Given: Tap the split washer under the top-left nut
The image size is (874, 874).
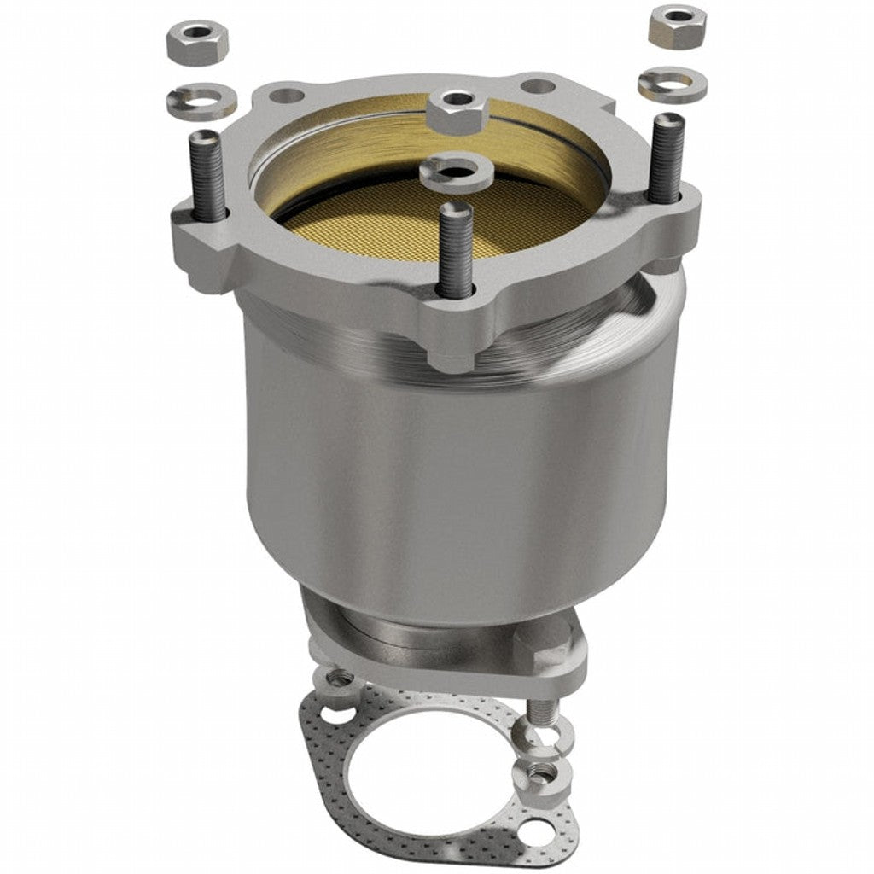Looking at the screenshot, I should tap(201, 101).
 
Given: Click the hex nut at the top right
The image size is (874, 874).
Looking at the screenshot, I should tap(677, 26).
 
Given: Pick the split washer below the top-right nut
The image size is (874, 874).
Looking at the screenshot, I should tap(670, 84).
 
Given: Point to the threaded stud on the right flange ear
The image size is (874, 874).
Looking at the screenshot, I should tap(666, 159).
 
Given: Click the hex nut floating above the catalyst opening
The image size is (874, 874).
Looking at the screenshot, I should tap(457, 108).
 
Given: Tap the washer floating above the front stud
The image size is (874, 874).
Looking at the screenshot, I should tap(457, 171).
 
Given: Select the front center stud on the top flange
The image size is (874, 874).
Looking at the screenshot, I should tap(455, 248).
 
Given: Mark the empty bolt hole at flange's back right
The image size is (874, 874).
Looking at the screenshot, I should tap(537, 86).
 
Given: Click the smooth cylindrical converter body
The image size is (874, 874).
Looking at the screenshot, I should tap(452, 478).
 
